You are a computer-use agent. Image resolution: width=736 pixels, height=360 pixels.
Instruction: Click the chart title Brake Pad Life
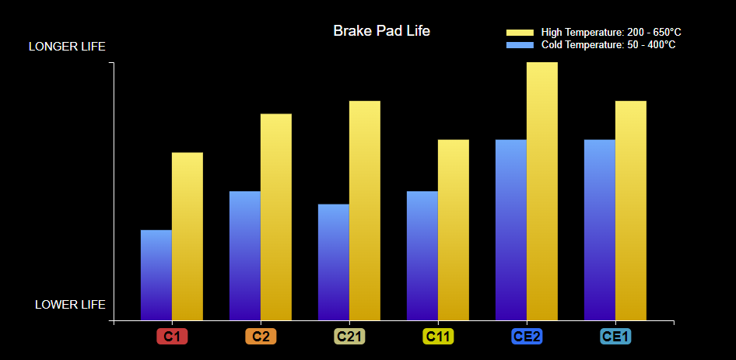[381, 31]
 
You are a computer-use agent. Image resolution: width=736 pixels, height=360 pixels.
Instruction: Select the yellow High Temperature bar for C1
[188, 236]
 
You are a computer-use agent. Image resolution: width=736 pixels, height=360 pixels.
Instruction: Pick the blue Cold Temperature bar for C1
[156, 275]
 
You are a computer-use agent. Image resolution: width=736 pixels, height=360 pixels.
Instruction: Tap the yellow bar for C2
[276, 217]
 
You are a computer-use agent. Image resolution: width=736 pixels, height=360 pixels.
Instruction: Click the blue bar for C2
[245, 256]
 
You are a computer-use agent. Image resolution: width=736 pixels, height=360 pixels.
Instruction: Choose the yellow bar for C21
[365, 211]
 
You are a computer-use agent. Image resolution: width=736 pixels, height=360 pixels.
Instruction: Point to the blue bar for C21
[334, 262]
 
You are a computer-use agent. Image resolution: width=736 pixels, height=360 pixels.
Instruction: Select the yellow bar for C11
[454, 230]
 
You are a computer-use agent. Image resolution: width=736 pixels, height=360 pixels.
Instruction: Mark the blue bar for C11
[422, 256]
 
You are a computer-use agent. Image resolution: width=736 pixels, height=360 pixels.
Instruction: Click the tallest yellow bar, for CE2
[542, 191]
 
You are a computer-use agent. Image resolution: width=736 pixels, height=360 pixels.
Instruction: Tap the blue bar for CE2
[511, 230]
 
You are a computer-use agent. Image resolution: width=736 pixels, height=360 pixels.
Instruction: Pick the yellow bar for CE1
[631, 211]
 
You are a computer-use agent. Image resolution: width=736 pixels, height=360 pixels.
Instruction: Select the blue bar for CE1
[600, 230]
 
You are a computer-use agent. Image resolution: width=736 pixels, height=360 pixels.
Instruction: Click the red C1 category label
[172, 337]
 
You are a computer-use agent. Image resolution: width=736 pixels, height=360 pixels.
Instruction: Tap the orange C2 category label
[261, 337]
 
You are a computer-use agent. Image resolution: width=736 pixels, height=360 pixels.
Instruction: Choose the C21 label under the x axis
[349, 337]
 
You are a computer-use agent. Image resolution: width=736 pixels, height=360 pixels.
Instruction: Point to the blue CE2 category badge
[527, 337]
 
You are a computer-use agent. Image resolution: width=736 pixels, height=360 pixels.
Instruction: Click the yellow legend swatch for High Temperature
[520, 33]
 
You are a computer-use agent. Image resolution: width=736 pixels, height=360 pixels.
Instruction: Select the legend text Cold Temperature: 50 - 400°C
[608, 45]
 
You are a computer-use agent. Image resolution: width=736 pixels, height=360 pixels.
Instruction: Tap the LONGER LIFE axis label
[67, 47]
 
